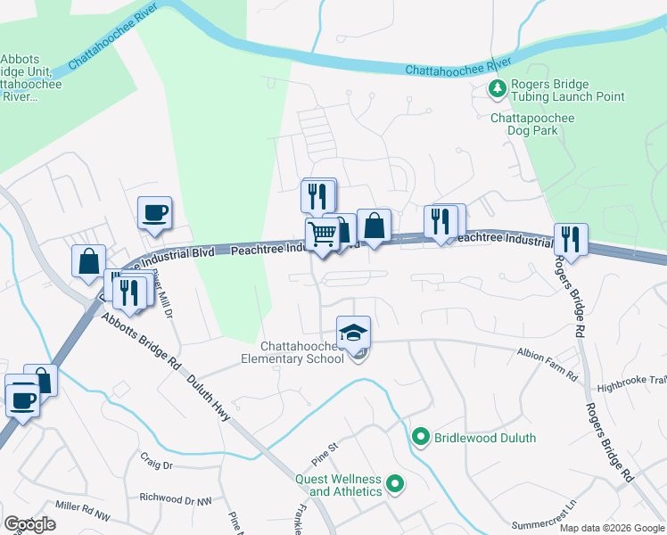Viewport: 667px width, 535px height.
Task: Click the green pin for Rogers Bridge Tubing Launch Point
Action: tap(496, 88)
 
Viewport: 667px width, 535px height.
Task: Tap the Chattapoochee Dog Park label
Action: tap(532, 124)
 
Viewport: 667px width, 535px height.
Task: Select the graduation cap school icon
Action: tap(354, 332)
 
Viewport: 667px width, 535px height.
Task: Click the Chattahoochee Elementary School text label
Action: tap(302, 352)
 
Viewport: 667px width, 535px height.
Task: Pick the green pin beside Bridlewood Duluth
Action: tap(422, 437)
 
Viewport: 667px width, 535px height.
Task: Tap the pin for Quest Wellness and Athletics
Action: tap(395, 486)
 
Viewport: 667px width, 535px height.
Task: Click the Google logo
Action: tap(29, 524)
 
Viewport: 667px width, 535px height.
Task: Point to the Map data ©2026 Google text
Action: tap(612, 528)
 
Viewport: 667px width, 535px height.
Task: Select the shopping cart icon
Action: tap(322, 235)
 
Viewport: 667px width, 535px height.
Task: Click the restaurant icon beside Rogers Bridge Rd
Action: tap(570, 239)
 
